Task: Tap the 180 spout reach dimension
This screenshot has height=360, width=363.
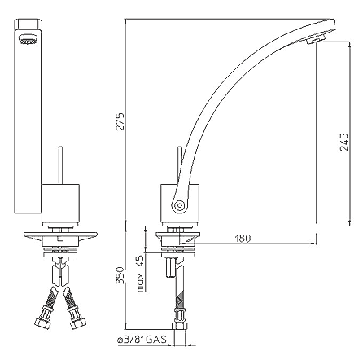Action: tap(242, 238)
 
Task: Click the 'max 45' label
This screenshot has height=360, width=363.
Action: tap(139, 272)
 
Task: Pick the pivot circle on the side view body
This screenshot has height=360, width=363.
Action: tap(175, 204)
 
